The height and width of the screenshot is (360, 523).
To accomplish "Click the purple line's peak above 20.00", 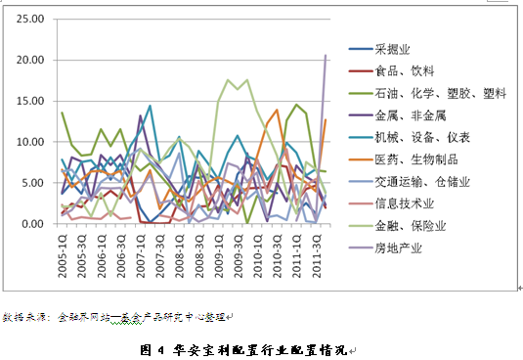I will click(326, 56).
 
